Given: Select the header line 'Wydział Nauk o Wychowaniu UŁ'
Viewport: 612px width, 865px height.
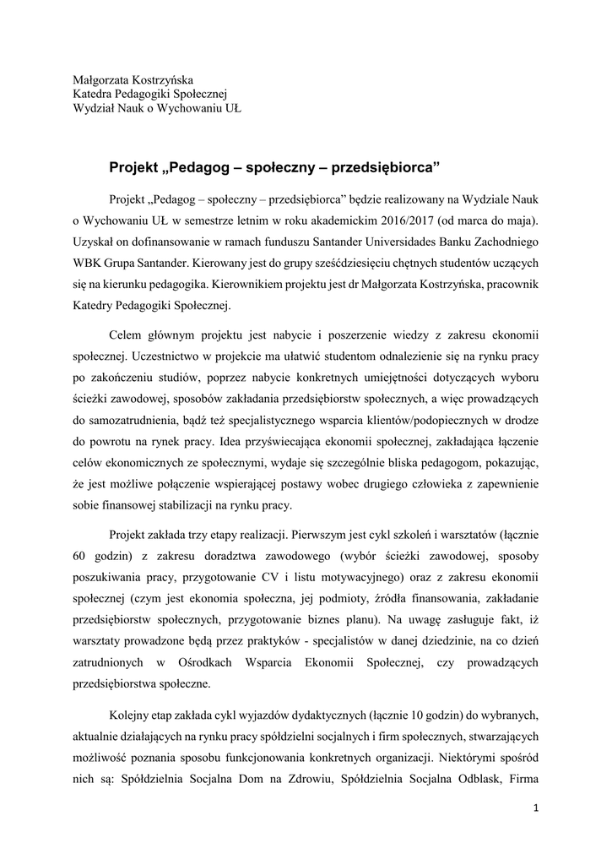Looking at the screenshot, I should (156, 110).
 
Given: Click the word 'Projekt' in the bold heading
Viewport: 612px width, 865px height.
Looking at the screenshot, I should (138, 167).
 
